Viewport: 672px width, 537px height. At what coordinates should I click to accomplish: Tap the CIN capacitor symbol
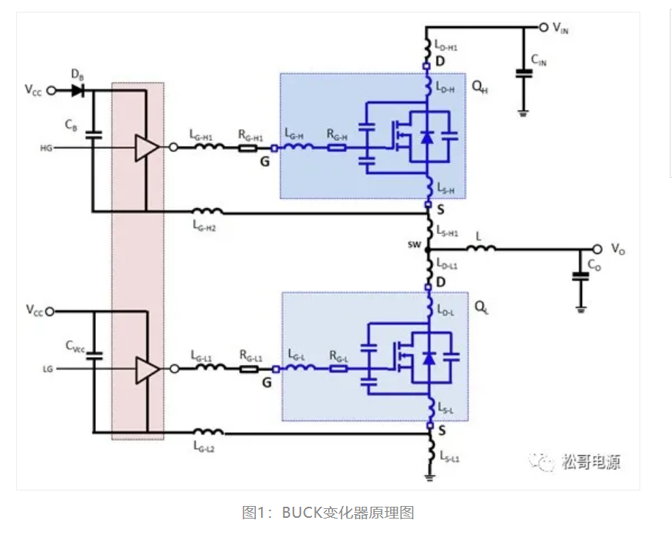point(523,73)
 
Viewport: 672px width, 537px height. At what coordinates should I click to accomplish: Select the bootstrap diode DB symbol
point(77,90)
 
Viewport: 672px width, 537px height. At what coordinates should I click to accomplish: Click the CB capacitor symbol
point(94,135)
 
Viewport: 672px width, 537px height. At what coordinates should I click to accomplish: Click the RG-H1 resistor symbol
point(247,148)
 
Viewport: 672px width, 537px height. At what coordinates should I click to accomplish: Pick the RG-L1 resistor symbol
point(247,368)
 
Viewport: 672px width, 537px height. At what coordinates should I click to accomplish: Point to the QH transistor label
point(479,86)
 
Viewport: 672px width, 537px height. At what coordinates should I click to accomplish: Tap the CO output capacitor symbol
point(581,277)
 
